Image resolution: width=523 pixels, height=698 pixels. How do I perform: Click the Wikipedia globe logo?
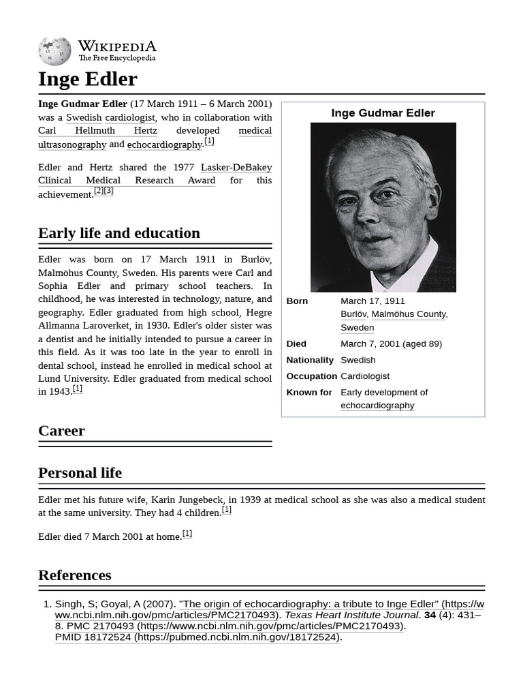tap(54, 51)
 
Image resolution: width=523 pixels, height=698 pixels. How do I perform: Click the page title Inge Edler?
tap(87, 79)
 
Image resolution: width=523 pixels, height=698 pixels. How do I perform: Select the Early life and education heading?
tap(119, 233)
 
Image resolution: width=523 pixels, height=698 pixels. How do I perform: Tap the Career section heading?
tap(61, 431)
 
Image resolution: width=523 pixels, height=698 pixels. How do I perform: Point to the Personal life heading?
tap(80, 473)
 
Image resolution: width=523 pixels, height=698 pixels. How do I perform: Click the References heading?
tap(74, 575)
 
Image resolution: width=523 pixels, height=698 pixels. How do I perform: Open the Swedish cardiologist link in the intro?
tap(110, 117)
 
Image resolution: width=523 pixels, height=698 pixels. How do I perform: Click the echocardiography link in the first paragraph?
tap(164, 145)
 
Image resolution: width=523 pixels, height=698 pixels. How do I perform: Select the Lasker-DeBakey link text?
tap(236, 167)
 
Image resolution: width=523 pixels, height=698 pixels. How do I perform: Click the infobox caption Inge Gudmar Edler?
tap(383, 113)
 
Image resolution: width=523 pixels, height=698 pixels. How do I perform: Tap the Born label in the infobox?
tap(297, 301)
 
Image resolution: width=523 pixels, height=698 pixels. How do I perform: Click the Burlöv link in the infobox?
tap(353, 314)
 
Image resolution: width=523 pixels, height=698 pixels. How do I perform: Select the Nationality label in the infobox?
tap(310, 360)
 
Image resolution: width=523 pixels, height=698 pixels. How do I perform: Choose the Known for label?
tap(309, 393)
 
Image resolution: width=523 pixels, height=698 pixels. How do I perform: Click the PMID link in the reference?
tap(67, 637)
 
